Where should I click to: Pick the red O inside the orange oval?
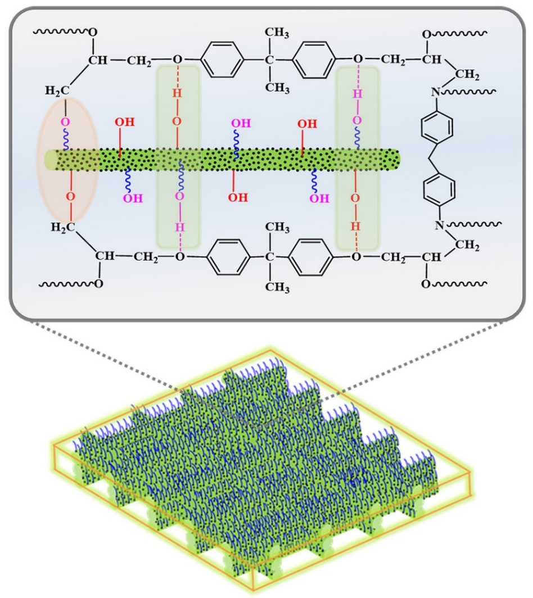tap(70, 196)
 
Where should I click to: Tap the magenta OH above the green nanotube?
tap(241, 122)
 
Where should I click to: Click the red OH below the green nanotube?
tap(237, 197)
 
